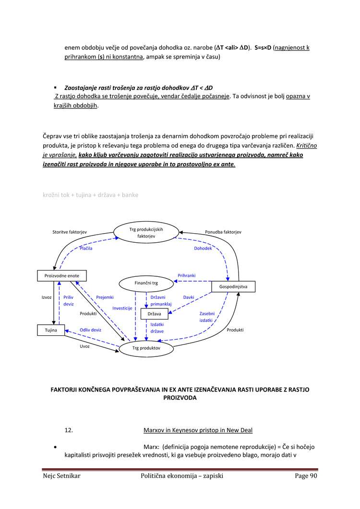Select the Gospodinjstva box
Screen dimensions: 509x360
(x=233, y=286)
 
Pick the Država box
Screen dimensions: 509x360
(x=154, y=314)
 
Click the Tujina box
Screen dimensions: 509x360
(x=51, y=330)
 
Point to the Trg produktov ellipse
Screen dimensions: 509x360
(x=146, y=348)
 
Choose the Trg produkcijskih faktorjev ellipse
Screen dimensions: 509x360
(x=146, y=233)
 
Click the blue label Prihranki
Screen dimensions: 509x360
(x=187, y=275)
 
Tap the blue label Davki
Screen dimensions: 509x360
(x=189, y=297)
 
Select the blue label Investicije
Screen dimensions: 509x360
(x=122, y=308)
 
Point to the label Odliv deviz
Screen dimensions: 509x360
(x=90, y=330)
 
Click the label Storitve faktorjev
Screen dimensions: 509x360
(x=70, y=232)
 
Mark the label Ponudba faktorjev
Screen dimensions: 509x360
(x=223, y=232)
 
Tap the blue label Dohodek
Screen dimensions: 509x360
(x=203, y=249)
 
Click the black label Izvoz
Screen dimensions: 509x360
(x=47, y=297)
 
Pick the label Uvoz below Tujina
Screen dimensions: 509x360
(x=84, y=346)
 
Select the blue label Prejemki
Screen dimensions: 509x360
(x=105, y=297)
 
